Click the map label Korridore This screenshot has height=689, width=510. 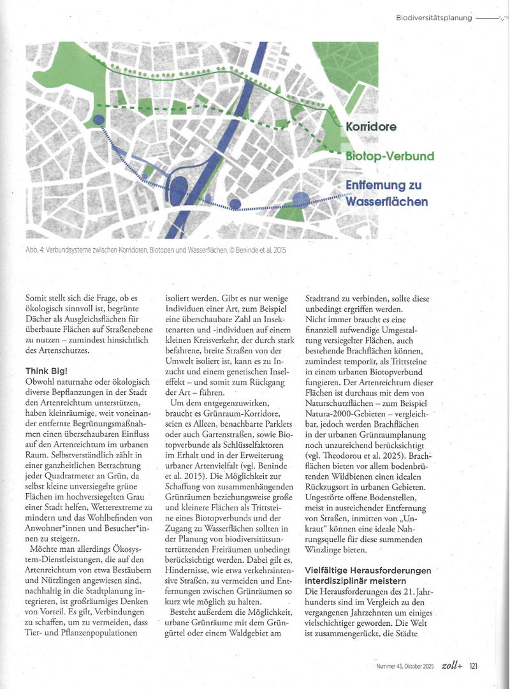click(371, 126)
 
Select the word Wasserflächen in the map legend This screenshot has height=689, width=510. click(386, 202)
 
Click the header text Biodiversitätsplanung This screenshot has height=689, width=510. click(433, 18)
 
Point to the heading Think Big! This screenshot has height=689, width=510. click(47, 371)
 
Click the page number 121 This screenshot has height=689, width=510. click(474, 666)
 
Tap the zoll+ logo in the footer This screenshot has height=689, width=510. click(451, 665)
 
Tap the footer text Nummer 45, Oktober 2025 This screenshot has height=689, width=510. click(404, 667)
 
